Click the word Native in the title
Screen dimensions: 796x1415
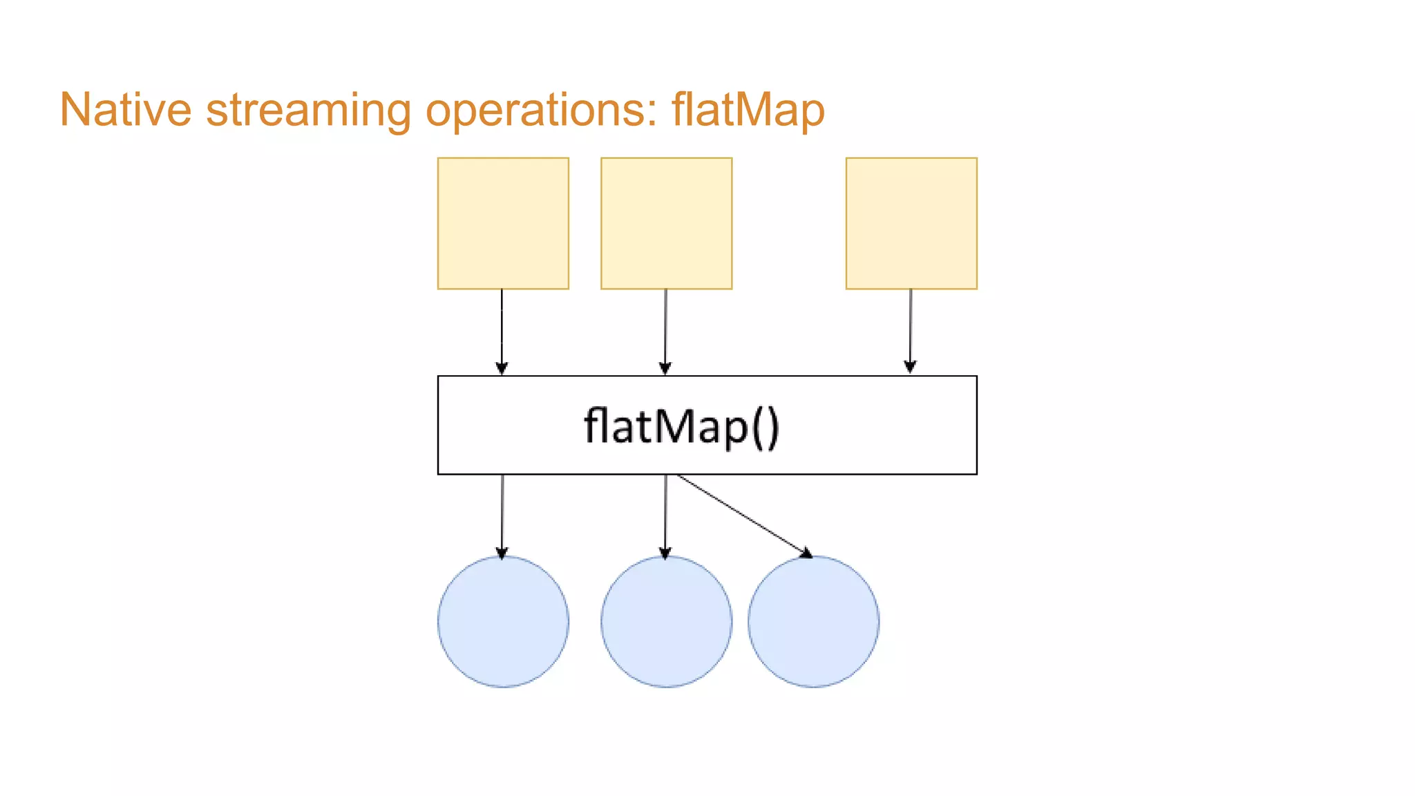125,110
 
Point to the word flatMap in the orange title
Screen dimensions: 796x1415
748,110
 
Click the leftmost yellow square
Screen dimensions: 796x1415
503,223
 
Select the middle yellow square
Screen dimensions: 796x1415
666,223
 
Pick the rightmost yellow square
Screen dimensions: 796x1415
911,223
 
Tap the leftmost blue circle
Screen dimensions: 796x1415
503,621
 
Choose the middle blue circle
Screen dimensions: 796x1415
666,621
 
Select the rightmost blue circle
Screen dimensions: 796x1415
813,621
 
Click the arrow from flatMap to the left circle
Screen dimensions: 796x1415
502,515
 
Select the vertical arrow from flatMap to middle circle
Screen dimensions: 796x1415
665,515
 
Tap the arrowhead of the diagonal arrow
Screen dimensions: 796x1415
806,552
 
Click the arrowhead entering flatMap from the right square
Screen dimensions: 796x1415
910,367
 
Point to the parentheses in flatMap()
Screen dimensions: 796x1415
766,428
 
